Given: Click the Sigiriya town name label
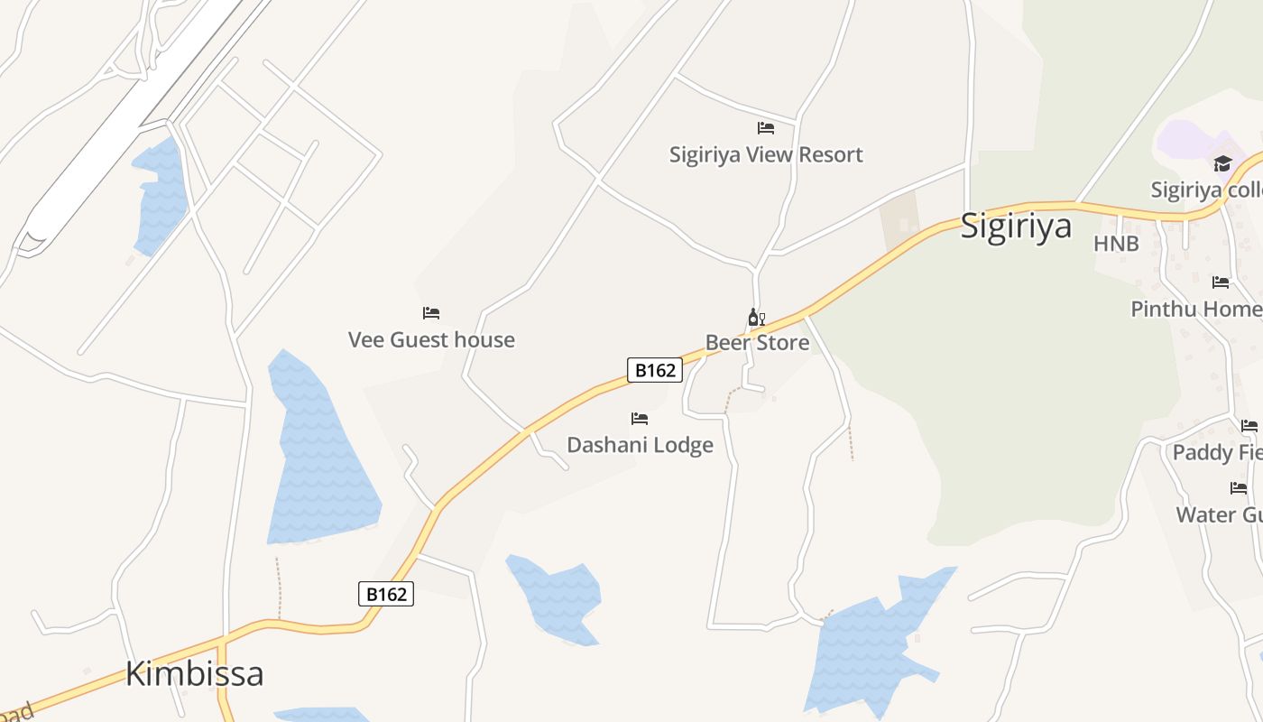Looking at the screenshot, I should [x=1016, y=225].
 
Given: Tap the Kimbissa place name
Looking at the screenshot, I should [x=194, y=673].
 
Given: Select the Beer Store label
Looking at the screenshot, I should [x=757, y=343].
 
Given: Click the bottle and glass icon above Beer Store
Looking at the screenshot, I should [x=756, y=318].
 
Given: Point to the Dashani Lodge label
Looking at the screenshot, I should [x=640, y=445].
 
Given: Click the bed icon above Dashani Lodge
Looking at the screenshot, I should [x=640, y=419].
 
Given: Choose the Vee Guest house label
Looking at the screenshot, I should [x=431, y=340].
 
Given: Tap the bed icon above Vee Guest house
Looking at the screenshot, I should [x=431, y=313].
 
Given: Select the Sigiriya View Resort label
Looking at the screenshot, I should [x=766, y=155].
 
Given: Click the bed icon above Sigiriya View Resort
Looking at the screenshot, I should [x=766, y=128].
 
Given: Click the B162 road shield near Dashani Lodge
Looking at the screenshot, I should [x=654, y=370].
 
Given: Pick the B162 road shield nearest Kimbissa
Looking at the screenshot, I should [x=386, y=594].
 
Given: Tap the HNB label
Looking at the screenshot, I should [x=1116, y=244].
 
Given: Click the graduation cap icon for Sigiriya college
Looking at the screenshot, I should [x=1222, y=163].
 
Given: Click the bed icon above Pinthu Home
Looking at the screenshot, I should [x=1221, y=282].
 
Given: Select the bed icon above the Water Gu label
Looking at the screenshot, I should [x=1239, y=488].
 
